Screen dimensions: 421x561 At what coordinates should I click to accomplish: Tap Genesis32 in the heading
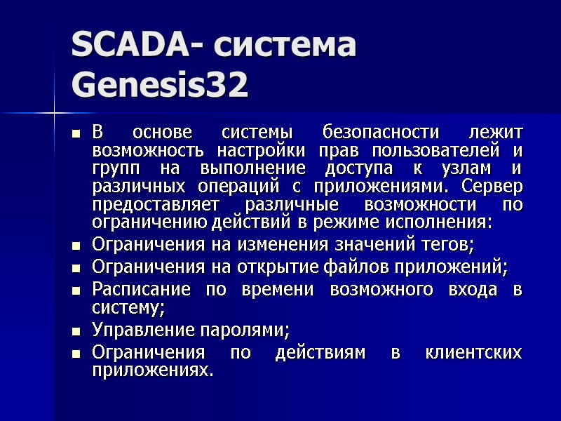pyautogui.click(x=160, y=86)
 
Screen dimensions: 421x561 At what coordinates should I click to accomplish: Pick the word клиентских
pyautogui.click(x=473, y=352)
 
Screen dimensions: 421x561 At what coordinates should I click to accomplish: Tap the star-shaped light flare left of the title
pyautogui.click(x=54, y=112)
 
